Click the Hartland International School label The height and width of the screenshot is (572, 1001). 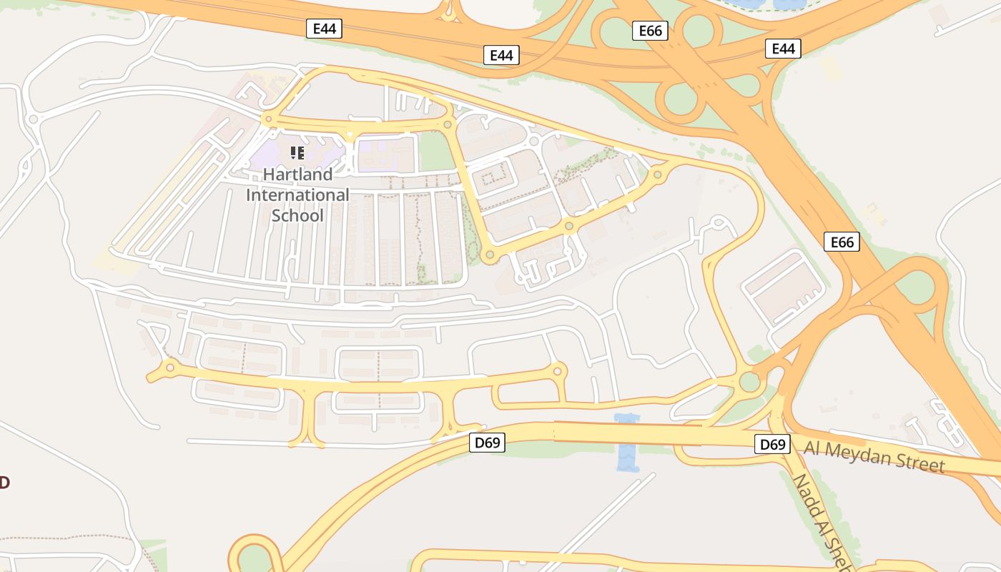(297, 194)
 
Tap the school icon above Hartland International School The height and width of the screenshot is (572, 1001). (297, 152)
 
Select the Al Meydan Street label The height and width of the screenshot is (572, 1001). (874, 456)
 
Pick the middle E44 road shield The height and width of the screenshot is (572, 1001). (501, 55)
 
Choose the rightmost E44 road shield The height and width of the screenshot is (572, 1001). (783, 49)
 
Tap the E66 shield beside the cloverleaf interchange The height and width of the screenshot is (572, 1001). (650, 31)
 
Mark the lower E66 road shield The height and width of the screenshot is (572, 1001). (842, 242)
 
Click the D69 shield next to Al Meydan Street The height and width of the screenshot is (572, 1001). (772, 444)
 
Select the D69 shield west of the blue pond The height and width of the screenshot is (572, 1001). (488, 443)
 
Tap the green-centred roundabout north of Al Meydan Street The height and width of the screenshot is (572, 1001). (749, 381)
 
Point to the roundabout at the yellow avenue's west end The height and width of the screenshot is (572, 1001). (170, 368)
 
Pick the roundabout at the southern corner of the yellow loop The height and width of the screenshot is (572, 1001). (490, 254)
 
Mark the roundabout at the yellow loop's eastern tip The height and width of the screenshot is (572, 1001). (657, 174)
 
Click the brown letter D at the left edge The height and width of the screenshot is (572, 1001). (4, 483)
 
